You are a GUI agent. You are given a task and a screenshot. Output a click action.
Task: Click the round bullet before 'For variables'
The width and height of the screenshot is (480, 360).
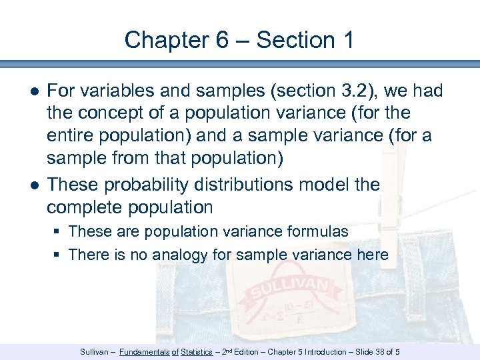pos(33,90)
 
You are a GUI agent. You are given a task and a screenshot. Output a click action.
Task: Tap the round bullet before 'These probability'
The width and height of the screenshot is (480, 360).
pos(33,184)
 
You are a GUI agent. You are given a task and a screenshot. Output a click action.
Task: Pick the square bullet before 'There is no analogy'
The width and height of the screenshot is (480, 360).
pos(59,255)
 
